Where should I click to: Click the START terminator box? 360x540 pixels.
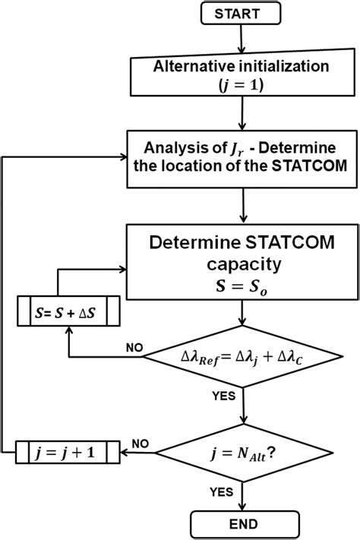coord(242,14)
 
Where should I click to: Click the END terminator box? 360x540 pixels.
coord(242,523)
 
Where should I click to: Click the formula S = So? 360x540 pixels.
coord(242,287)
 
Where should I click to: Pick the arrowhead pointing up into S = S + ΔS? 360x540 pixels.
coord(69,330)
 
